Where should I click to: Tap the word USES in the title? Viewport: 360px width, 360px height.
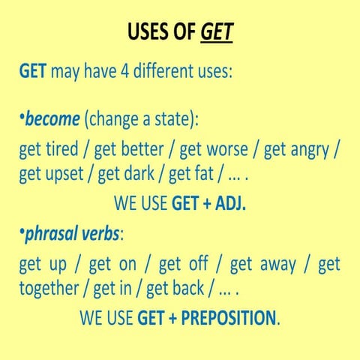pyautogui.click(x=151, y=33)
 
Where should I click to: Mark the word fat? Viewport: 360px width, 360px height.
pyautogui.click(x=215, y=175)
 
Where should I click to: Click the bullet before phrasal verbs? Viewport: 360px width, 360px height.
pyautogui.click(x=21, y=233)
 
